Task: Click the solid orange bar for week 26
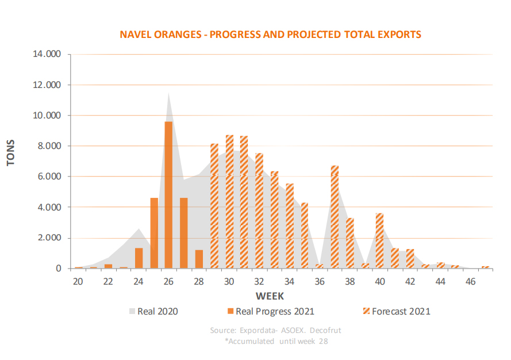pyautogui.click(x=168, y=195)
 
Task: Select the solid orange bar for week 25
pyautogui.click(x=154, y=233)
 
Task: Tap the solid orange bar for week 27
pyautogui.click(x=184, y=233)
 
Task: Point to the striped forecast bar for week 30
pyautogui.click(x=229, y=202)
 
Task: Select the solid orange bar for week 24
pyautogui.click(x=139, y=258)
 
